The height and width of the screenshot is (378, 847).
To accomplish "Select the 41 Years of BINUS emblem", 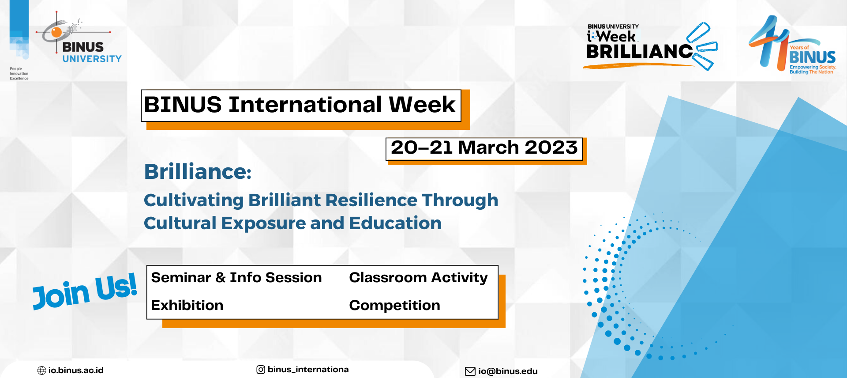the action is click(792, 45).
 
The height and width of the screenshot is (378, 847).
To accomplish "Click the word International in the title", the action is click(305, 105).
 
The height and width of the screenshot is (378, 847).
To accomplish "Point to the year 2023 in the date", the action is click(551, 147).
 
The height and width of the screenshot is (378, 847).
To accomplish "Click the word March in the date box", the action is click(488, 147).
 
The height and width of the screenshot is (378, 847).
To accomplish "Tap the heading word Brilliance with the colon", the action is click(198, 172).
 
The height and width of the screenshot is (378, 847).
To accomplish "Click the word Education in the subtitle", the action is click(395, 223).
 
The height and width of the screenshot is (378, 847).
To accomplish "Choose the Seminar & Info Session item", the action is click(236, 277).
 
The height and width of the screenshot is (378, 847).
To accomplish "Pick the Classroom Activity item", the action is click(418, 278).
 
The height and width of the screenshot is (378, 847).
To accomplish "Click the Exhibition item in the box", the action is click(187, 305).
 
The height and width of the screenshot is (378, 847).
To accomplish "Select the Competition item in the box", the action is click(394, 306).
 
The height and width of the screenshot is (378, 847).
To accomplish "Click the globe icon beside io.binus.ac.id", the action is click(42, 370).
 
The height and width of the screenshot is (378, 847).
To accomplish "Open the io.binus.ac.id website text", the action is click(76, 370).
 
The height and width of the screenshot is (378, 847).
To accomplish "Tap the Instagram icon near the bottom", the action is click(261, 370).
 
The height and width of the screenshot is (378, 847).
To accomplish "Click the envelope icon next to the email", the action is click(470, 371).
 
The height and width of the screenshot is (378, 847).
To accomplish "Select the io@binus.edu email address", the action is click(508, 371).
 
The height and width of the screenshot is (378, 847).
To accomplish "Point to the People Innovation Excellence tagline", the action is click(19, 74).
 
